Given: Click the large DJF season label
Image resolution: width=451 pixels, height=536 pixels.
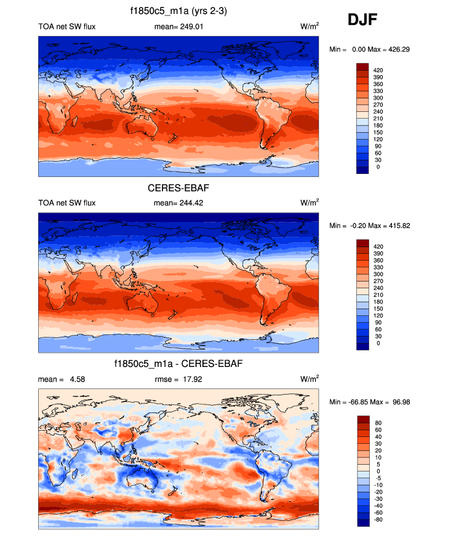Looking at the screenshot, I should coord(362,20).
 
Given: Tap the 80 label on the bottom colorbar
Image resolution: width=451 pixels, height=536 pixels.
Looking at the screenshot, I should coord(377,424).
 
